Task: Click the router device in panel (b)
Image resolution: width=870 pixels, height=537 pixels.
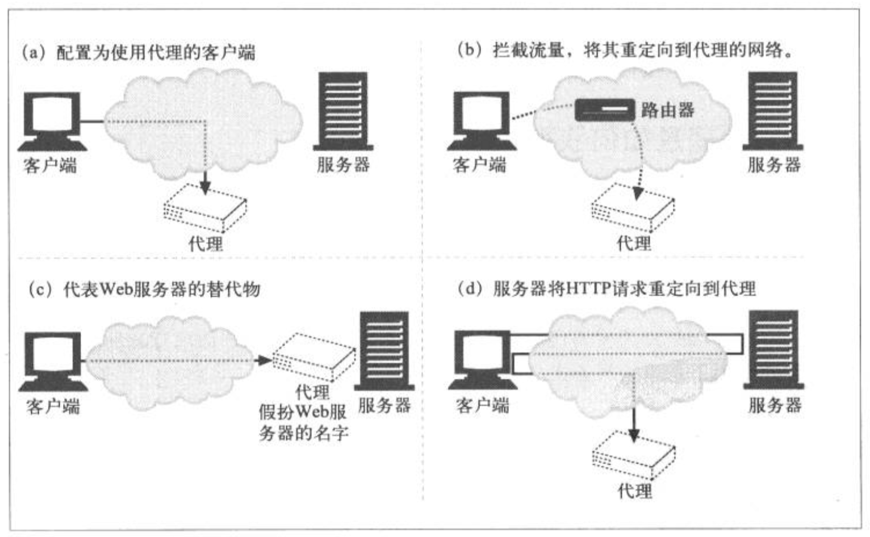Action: pyautogui.click(x=605, y=110)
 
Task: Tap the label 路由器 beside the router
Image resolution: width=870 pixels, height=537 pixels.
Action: pyautogui.click(x=668, y=110)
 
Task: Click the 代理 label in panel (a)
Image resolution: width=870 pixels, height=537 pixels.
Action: pyautogui.click(x=206, y=244)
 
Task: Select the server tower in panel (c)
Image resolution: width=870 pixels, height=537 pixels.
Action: pyautogui.click(x=384, y=350)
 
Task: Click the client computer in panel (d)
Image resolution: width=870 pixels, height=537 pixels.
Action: pyautogui.click(x=482, y=360)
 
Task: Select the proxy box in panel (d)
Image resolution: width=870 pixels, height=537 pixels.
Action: pyautogui.click(x=633, y=456)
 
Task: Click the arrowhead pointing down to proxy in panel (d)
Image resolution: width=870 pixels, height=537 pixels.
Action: pyautogui.click(x=634, y=435)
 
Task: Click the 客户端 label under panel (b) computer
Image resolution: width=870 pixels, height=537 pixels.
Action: pyautogui.click(x=479, y=165)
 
